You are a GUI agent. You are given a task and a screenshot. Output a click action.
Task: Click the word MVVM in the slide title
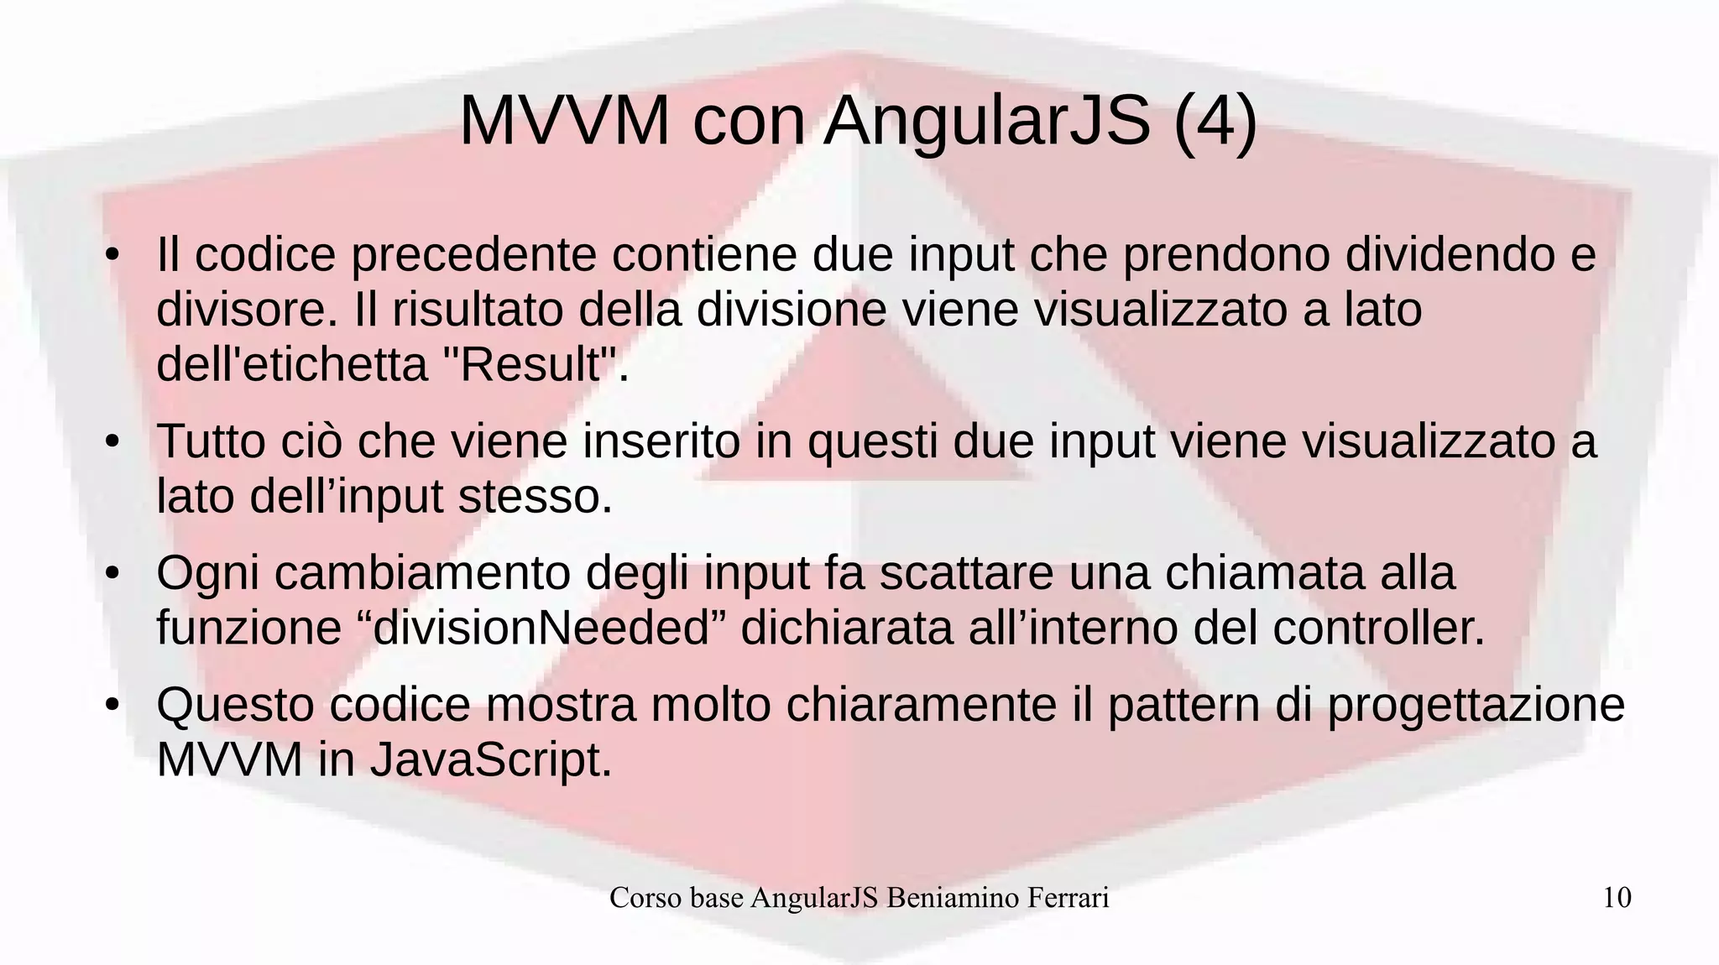(564, 121)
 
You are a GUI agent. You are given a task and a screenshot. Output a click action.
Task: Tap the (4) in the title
(1215, 121)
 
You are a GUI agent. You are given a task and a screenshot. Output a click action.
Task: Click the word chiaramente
(921, 705)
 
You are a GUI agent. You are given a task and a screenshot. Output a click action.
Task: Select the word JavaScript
(491, 760)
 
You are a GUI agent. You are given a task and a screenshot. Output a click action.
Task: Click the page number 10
(1617, 898)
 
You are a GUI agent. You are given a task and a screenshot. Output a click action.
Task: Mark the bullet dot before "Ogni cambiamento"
(112, 575)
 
